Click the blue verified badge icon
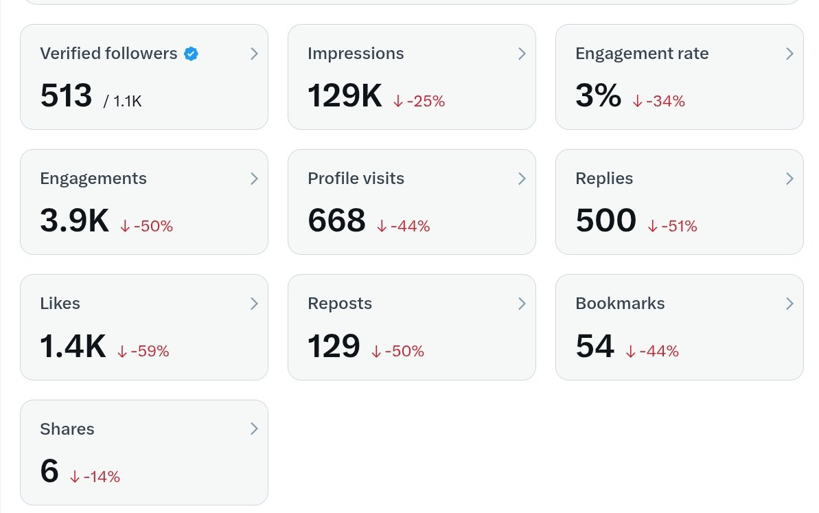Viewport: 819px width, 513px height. click(x=192, y=54)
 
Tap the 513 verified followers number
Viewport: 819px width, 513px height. click(x=66, y=96)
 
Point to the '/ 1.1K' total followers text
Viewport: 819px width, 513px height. click(x=123, y=102)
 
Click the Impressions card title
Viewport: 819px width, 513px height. click(x=356, y=54)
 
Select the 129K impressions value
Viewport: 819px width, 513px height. click(x=345, y=96)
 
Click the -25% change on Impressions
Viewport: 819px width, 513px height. click(x=419, y=102)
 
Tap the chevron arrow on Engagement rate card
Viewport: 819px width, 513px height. click(x=789, y=54)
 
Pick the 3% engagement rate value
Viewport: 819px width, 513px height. click(x=598, y=96)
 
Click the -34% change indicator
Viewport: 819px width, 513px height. click(x=658, y=102)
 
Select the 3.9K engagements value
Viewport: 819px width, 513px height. click(x=75, y=221)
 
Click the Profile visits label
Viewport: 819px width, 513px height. click(x=356, y=179)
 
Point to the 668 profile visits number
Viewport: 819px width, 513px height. click(x=336, y=221)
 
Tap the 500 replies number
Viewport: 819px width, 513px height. click(x=606, y=221)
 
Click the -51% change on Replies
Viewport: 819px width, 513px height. click(x=672, y=226)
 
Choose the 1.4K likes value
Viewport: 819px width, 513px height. click(x=73, y=346)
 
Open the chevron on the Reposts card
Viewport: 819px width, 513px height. click(x=522, y=304)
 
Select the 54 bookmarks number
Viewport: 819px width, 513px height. click(x=595, y=346)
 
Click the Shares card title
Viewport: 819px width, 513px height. click(x=67, y=429)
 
